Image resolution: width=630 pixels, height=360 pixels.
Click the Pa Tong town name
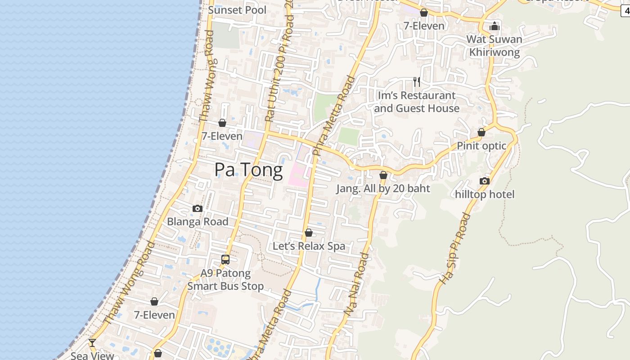point(248,170)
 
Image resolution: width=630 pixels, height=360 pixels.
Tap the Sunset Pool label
point(237,10)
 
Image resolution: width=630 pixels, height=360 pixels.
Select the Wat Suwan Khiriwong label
point(494,45)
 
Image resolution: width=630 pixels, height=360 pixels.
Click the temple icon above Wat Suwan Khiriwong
point(495,26)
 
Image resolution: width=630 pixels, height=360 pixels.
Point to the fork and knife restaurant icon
point(417,82)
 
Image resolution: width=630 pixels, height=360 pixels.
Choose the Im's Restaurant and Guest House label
point(416,102)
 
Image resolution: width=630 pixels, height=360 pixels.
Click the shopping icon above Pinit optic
point(481,132)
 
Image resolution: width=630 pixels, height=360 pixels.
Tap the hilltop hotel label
point(484,194)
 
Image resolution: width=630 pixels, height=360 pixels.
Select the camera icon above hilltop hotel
point(484,181)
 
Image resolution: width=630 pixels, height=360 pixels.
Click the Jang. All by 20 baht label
point(383,189)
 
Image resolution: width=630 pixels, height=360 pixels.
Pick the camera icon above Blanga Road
point(197,208)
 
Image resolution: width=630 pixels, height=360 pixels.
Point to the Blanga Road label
point(198,221)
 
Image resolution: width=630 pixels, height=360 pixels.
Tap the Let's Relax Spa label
point(309,246)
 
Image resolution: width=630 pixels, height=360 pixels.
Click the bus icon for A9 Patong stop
point(225,260)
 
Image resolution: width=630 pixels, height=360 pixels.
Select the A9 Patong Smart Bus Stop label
point(225,279)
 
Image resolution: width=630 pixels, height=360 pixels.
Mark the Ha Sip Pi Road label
point(454,249)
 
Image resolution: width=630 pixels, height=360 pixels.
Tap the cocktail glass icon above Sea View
point(92,343)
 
